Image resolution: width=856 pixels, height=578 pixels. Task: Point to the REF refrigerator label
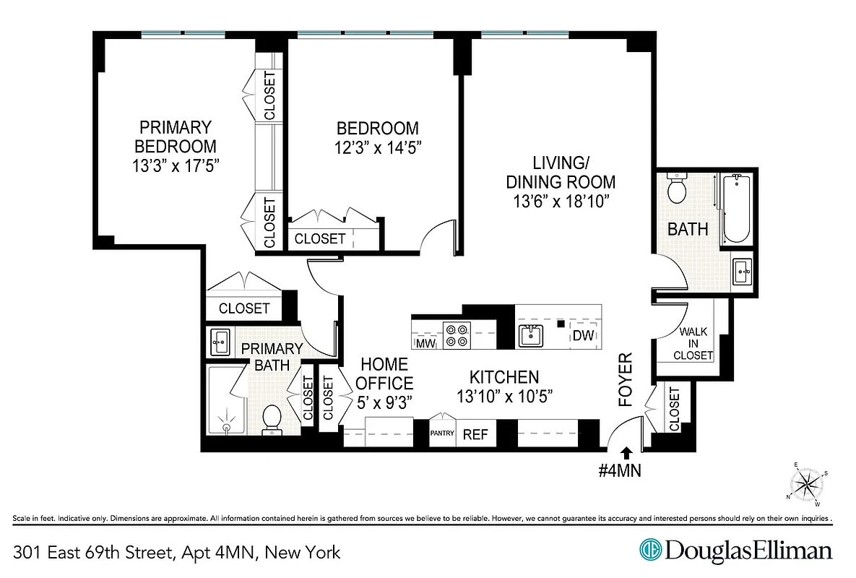point(475,435)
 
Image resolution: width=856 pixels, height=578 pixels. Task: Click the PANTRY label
point(442,433)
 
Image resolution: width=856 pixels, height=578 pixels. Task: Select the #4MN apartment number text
point(621,471)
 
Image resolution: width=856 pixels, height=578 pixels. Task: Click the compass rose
point(808,483)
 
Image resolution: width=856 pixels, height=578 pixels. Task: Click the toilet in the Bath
point(677,190)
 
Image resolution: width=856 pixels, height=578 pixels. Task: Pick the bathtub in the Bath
point(737,208)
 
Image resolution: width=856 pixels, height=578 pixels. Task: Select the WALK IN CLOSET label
point(693,344)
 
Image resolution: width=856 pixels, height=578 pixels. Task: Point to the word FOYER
point(626,380)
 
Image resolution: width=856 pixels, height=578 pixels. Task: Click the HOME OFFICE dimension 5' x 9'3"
point(384,403)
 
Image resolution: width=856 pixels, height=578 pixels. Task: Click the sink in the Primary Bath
point(220,341)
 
